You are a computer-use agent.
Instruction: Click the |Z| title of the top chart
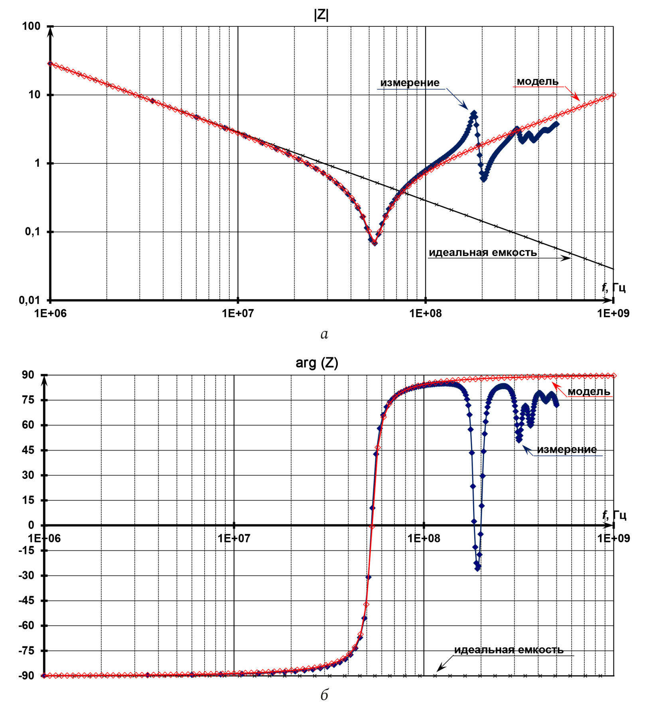(321, 15)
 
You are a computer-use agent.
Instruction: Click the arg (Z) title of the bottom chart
(317, 363)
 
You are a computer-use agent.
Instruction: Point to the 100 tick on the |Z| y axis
(31, 26)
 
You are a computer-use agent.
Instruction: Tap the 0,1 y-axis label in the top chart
(32, 231)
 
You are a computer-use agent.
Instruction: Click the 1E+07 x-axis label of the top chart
(238, 313)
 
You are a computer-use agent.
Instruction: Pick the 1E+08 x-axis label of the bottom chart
(424, 538)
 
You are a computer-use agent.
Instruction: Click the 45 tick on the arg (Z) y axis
(28, 450)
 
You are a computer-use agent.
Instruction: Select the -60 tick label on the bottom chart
(26, 625)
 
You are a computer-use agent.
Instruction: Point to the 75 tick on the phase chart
(28, 400)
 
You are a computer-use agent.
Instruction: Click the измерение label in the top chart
(410, 83)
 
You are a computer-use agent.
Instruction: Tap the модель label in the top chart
(537, 81)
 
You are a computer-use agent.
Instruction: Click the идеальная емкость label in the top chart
(483, 252)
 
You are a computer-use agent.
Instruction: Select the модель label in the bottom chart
(589, 392)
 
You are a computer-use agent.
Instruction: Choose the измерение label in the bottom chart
(567, 449)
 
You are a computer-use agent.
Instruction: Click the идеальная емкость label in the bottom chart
(509, 650)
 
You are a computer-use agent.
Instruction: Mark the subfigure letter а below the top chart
(324, 334)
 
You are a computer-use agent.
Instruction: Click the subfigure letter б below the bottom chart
(324, 695)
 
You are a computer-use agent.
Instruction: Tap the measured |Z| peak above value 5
(474, 113)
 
